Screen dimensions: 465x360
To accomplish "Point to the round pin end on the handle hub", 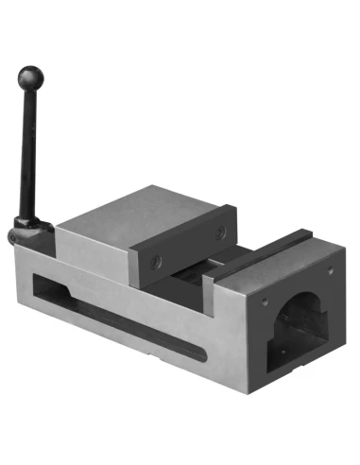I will point(13,236).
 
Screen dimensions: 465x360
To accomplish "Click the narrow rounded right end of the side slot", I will point(198,355).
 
